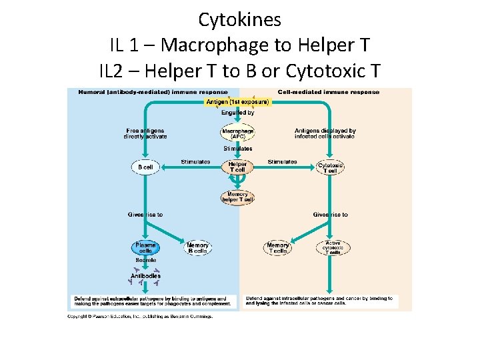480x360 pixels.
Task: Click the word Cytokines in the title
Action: coord(239,20)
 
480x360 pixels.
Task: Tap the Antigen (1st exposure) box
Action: coord(237,102)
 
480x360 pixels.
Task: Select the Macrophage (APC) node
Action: coord(237,133)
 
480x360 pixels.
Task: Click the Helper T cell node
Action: coord(237,167)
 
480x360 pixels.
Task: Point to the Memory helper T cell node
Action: coord(237,197)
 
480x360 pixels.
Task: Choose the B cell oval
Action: coord(145,167)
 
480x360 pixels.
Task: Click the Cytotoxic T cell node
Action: coord(330,167)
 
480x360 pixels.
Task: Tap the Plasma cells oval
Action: coord(145,248)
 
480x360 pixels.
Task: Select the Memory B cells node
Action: coord(197,248)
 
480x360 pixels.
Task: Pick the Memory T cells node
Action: coord(277,248)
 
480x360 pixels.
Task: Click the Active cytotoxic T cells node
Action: coord(332,248)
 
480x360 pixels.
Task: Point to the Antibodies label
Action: coord(145,275)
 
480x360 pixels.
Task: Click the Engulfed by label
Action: coord(237,113)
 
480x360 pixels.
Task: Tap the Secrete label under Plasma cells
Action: coord(145,260)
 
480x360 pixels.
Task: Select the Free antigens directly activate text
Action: coord(145,133)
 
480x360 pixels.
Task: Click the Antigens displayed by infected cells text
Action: coord(325,133)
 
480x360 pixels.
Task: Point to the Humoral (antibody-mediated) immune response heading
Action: coord(153,92)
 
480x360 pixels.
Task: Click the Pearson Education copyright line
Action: coord(140,316)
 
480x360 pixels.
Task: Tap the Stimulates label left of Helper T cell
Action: coord(195,162)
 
